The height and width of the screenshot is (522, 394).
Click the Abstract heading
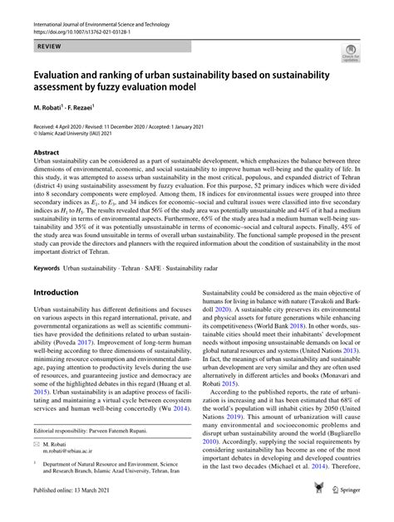pyautogui.click(x=46, y=152)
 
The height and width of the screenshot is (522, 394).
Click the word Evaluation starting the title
pyautogui.click(x=59, y=74)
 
